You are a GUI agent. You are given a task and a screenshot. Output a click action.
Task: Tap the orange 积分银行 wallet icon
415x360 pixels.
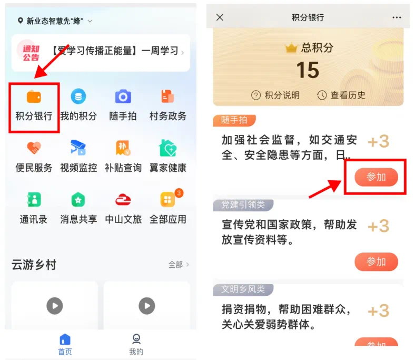point(34,96)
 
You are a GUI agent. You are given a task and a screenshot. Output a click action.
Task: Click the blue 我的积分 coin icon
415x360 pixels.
point(78,96)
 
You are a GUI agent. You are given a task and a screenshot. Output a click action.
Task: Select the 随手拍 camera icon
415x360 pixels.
point(123,96)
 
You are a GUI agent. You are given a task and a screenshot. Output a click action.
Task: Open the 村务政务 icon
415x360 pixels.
point(167,96)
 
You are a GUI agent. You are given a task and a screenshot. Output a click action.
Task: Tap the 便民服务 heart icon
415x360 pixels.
point(34,148)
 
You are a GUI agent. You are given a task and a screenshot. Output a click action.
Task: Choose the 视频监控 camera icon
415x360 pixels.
point(78,147)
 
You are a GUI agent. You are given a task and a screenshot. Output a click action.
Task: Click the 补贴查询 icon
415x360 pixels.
point(123,148)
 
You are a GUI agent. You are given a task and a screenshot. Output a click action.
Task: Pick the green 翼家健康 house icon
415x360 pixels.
point(168,148)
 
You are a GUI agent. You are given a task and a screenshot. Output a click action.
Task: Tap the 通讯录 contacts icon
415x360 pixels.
point(34,199)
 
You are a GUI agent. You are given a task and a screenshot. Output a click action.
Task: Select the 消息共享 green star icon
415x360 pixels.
point(78,200)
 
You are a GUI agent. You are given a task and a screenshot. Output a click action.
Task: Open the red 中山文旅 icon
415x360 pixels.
point(123,200)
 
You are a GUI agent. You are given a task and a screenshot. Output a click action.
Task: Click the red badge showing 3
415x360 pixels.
point(179,193)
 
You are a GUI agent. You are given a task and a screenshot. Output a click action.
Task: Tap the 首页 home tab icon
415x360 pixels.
point(65,339)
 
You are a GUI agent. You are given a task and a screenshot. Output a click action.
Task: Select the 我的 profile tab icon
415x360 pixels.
point(136,339)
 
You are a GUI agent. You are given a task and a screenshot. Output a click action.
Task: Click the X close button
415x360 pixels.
point(220,17)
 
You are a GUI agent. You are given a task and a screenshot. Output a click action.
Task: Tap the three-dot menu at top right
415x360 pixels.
point(397,17)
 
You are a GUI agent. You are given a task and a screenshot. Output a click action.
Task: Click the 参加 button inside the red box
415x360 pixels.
point(376,177)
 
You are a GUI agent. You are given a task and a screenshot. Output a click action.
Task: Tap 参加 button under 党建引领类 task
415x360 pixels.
point(376,262)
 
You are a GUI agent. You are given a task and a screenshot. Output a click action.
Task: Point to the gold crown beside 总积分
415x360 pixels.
point(291,47)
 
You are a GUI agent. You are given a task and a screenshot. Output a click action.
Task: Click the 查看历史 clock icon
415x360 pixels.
point(322,95)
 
